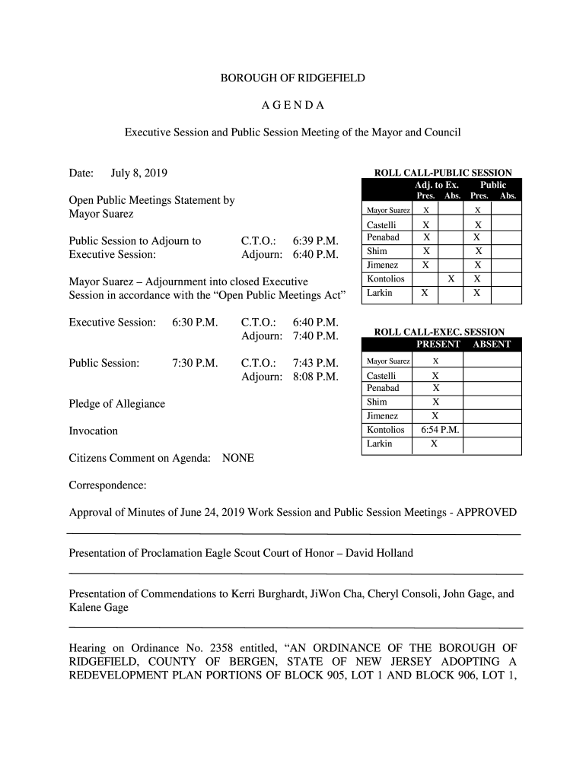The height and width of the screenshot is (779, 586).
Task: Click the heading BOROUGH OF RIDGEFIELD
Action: [x=293, y=78]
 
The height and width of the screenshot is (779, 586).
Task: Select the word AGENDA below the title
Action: [x=293, y=105]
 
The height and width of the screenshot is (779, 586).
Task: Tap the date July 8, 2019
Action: [x=139, y=173]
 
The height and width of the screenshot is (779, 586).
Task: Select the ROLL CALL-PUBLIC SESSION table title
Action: [x=441, y=173]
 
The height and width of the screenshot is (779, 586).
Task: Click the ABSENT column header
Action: [x=492, y=344]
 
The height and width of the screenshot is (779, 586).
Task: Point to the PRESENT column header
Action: [x=438, y=344]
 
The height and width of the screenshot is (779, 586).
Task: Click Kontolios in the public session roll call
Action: [x=385, y=279]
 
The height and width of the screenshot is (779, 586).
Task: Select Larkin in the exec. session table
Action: [x=379, y=444]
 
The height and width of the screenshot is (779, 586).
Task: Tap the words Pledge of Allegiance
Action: [x=116, y=404]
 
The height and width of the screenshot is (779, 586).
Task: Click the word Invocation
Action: [x=94, y=431]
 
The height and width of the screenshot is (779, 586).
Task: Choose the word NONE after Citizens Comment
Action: [x=238, y=458]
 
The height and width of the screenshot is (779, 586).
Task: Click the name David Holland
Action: [x=379, y=552]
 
